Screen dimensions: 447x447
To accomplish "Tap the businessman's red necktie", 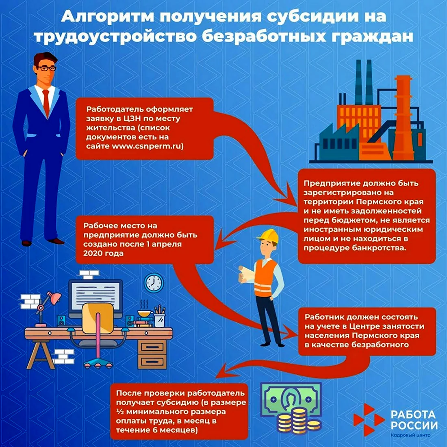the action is pos(46,103).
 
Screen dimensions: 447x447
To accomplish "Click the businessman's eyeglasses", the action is pos(47,68).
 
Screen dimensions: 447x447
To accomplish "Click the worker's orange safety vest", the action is pos(265,278).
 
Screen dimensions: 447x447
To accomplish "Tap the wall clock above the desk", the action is pos(154,283).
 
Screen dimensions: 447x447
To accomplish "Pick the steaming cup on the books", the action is pos(145,313).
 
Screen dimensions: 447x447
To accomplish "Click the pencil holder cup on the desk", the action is pos(160,321).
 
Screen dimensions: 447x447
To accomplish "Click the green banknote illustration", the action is pos(291,398).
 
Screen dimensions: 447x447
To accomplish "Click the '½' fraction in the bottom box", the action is pos(119,412).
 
